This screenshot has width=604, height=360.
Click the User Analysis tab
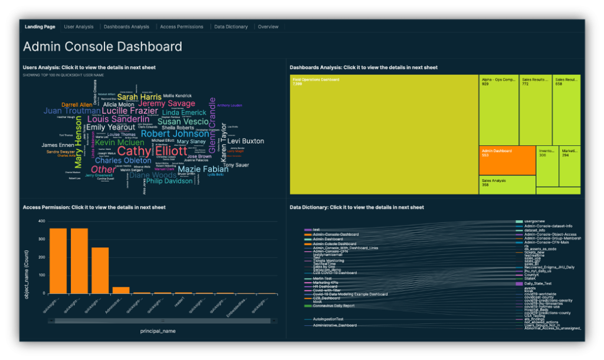[78, 27]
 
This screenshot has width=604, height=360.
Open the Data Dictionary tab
[231, 27]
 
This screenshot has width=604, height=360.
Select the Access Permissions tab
[181, 27]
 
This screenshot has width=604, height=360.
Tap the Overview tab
[268, 27]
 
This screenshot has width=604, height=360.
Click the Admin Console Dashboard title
[102, 47]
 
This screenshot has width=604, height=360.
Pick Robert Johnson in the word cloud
[170, 133]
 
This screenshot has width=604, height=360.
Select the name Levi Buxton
[245, 141]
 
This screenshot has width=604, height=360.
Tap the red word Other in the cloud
[103, 169]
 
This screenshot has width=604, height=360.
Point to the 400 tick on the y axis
[41, 221]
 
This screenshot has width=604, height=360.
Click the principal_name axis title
[157, 331]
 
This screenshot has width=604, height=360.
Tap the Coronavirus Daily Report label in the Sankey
[333, 306]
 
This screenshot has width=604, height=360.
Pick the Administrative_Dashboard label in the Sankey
[334, 325]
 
